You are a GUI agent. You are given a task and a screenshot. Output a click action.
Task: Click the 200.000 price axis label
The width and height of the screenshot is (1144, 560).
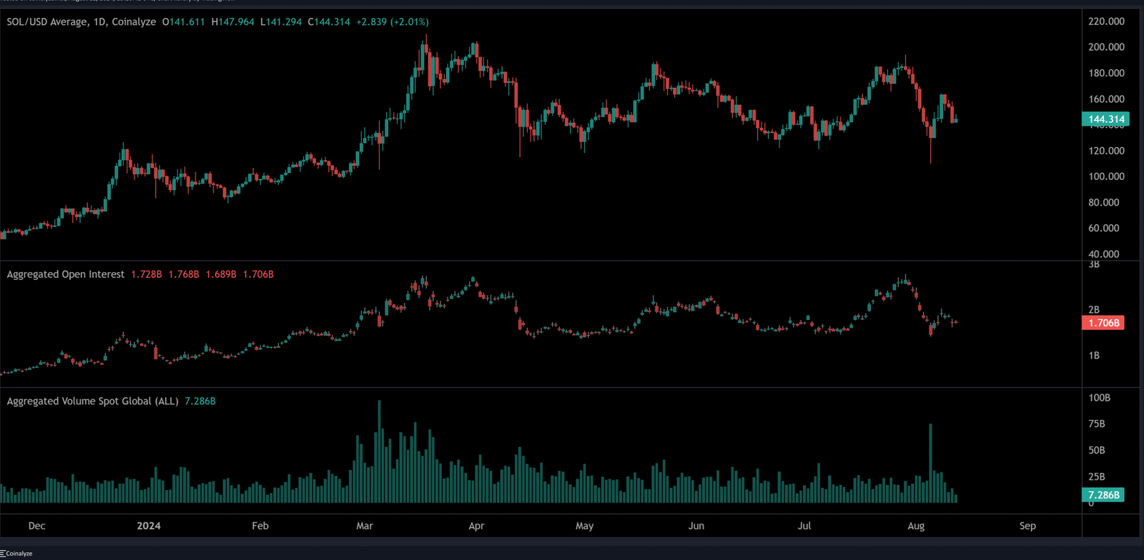coord(1105,47)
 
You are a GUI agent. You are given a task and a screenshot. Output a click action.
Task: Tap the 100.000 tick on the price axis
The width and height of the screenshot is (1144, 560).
coord(1105,176)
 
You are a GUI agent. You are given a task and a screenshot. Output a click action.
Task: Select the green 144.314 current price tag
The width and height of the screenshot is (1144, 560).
coord(1105,119)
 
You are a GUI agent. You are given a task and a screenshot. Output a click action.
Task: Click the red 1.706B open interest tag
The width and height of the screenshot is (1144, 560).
coord(1104,323)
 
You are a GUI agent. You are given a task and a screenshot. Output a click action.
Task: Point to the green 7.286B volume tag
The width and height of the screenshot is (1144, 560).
coord(1104,495)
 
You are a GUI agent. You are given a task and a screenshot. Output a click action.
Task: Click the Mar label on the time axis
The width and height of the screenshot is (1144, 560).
coord(365,526)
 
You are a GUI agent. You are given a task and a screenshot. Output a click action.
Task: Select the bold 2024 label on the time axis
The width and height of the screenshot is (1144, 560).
coord(149,526)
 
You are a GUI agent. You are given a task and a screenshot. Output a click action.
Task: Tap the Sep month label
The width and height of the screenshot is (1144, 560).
coord(1027,526)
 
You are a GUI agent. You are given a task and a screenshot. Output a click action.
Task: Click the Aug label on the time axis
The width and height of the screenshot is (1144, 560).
coord(916,526)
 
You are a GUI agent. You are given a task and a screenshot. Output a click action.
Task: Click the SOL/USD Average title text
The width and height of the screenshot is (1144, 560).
coord(47,22)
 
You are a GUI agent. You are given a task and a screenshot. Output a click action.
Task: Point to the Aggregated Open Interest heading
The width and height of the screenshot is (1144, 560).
coord(66,274)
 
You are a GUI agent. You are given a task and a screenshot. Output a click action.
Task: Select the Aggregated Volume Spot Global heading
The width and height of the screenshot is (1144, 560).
coord(92,401)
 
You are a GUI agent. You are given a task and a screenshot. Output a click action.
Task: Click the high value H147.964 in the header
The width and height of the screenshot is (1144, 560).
coord(232,22)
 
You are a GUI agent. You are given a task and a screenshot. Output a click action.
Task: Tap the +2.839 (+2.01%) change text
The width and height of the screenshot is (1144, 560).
coord(393,22)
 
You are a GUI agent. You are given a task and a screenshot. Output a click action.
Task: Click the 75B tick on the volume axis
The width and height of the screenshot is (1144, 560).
coord(1096,424)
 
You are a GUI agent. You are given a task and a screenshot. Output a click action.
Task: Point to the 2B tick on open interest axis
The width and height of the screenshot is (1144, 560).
coord(1094,309)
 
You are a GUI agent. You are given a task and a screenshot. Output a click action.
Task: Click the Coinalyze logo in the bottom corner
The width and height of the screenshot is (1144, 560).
coord(16,554)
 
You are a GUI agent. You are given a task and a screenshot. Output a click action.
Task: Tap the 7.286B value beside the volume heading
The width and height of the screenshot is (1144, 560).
coord(200,401)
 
